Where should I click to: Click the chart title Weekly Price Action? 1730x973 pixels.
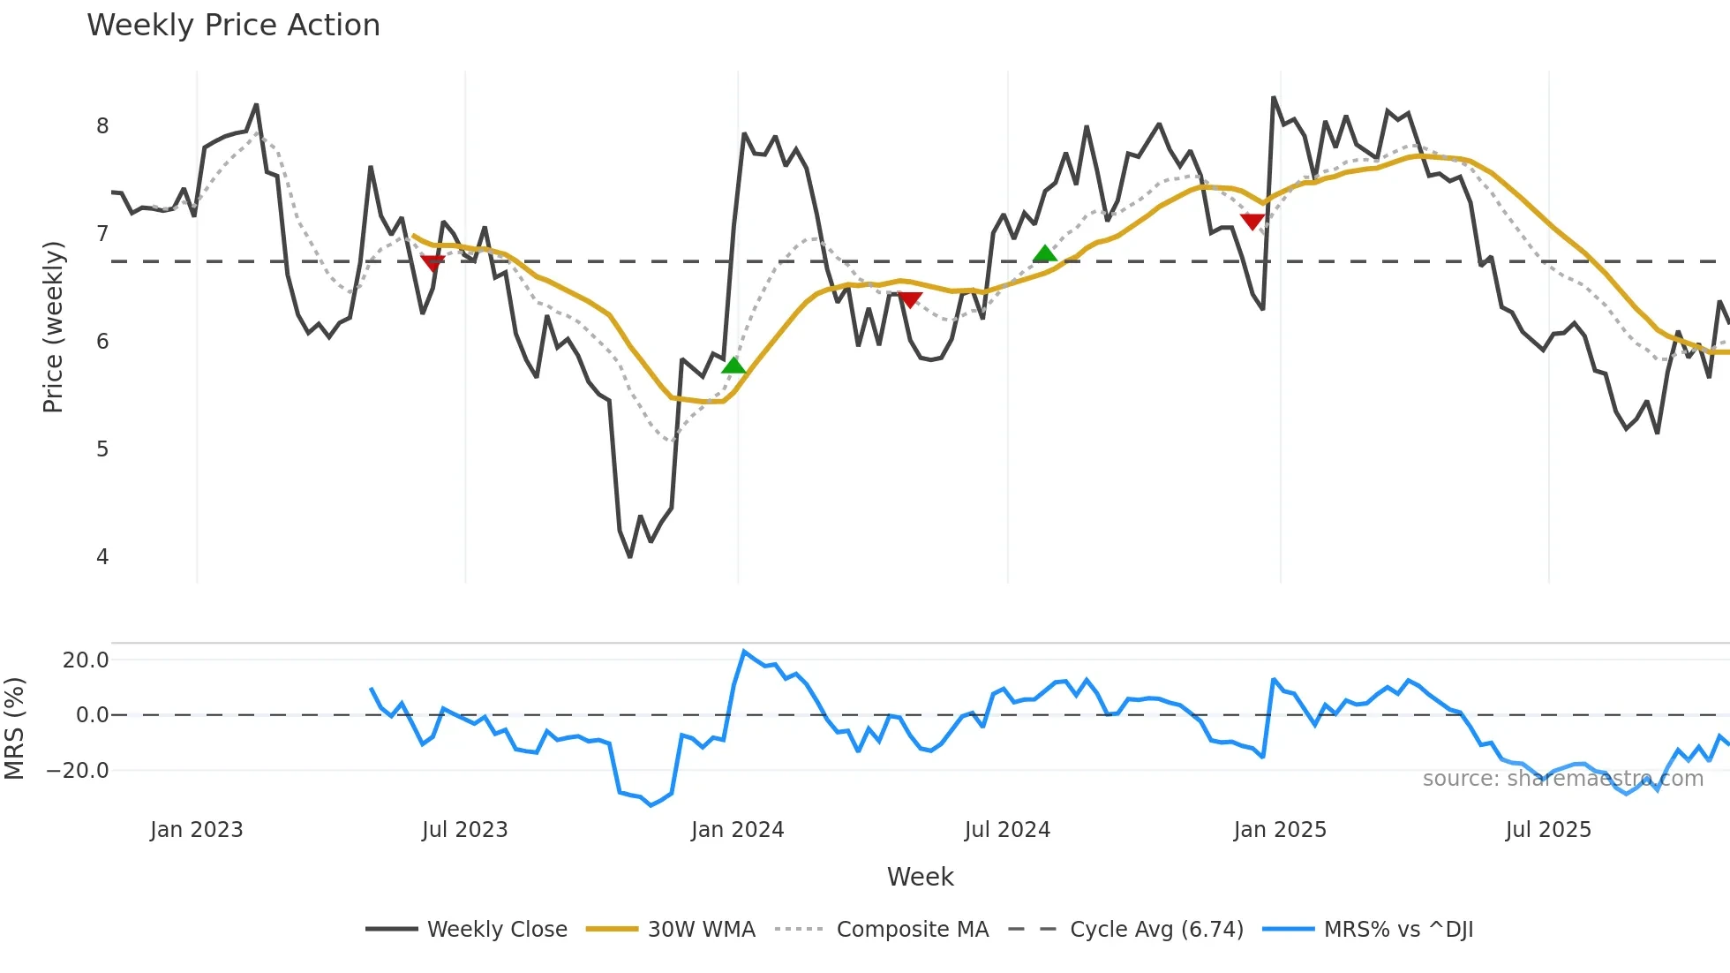(233, 26)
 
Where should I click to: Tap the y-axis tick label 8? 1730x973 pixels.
(102, 126)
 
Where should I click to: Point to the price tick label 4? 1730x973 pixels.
(102, 557)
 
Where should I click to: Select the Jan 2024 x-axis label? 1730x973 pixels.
(737, 830)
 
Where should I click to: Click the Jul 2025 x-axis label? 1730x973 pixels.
(1548, 830)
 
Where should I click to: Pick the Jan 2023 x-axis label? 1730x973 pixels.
(196, 830)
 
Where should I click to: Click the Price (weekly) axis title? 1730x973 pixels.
(54, 327)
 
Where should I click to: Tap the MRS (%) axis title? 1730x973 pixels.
(15, 728)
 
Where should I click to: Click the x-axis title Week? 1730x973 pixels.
(920, 877)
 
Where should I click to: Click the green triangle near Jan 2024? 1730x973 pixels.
(733, 366)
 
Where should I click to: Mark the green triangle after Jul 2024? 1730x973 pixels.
(1044, 254)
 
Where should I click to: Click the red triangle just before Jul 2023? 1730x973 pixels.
(432, 263)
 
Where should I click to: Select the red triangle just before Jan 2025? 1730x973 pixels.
(1252, 221)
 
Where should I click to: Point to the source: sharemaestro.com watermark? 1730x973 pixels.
(1562, 779)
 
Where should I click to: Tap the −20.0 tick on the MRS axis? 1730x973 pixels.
(78, 771)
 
